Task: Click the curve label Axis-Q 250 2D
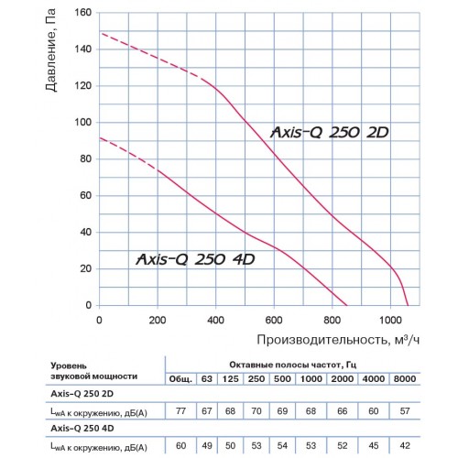pyautogui.click(x=330, y=133)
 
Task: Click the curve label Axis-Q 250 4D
pyautogui.click(x=195, y=259)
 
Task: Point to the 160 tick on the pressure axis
pyautogui.click(x=82, y=13)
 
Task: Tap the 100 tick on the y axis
pyautogui.click(x=82, y=122)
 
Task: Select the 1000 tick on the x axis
pyautogui.click(x=390, y=320)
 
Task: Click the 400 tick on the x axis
pyautogui.click(x=215, y=320)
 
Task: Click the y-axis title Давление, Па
pyautogui.click(x=50, y=50)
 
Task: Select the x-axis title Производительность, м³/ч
pyautogui.click(x=338, y=340)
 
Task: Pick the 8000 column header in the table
pyautogui.click(x=405, y=379)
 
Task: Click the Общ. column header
pyautogui.click(x=180, y=379)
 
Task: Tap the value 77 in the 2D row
pyautogui.click(x=180, y=411)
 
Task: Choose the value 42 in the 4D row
pyautogui.click(x=405, y=446)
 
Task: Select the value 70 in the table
pyautogui.click(x=256, y=411)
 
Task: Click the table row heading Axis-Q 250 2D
pyautogui.click(x=82, y=394)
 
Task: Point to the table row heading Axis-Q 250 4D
pyautogui.click(x=82, y=428)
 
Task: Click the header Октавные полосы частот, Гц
pyautogui.click(x=293, y=365)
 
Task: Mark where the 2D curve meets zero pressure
pyautogui.click(x=408, y=305)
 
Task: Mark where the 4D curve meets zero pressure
pyautogui.click(x=347, y=305)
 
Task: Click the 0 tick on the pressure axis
pyautogui.click(x=89, y=305)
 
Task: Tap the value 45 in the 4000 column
pyautogui.click(x=373, y=446)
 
